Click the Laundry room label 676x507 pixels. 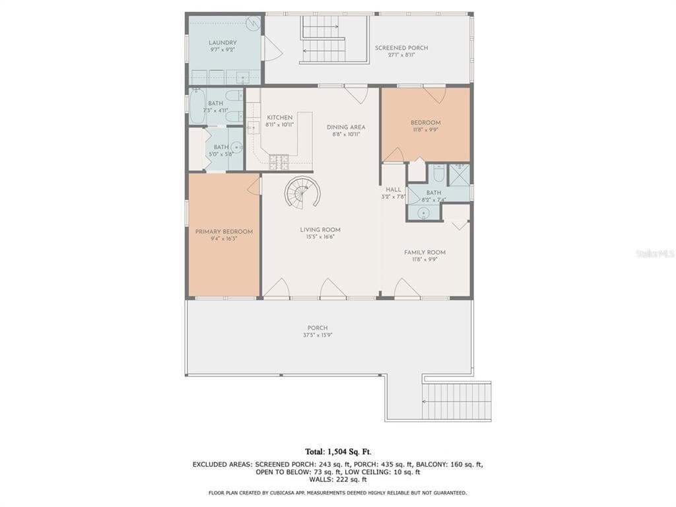point(222,43)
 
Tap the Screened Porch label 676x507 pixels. point(401,48)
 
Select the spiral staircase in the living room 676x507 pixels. point(302,193)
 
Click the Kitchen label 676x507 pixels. point(279,118)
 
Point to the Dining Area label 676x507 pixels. point(346,127)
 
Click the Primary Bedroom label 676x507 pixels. point(224,232)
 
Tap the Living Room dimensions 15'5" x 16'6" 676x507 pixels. point(320,237)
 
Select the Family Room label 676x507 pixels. point(424,252)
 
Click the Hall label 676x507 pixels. point(393,189)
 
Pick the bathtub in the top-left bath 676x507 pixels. point(197,106)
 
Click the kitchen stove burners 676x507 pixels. point(279,162)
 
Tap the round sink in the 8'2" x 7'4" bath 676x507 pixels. point(424,213)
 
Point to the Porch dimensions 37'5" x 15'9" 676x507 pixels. point(318,335)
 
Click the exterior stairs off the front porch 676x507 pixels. point(457,401)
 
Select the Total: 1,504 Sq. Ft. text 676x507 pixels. point(338,452)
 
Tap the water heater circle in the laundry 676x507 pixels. point(253,23)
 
